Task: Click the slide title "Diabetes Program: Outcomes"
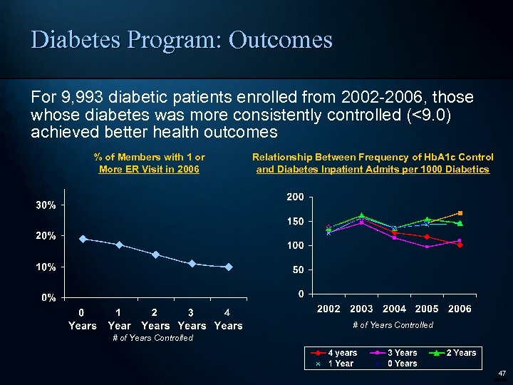pos(182,39)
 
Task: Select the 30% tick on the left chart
pos(47,205)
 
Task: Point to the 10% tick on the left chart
pos(47,267)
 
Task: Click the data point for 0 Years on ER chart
pos(83,239)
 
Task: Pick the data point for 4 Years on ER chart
pos(228,267)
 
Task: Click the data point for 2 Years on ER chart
pos(155,255)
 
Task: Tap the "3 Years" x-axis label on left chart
pos(191,319)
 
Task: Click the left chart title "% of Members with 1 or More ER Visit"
pos(149,163)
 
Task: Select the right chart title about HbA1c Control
pos(373,163)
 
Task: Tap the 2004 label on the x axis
pos(394,309)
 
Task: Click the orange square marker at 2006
pos(460,213)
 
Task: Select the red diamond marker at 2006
pos(460,245)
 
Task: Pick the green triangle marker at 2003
pos(361,215)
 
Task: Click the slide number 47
pos(502,373)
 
